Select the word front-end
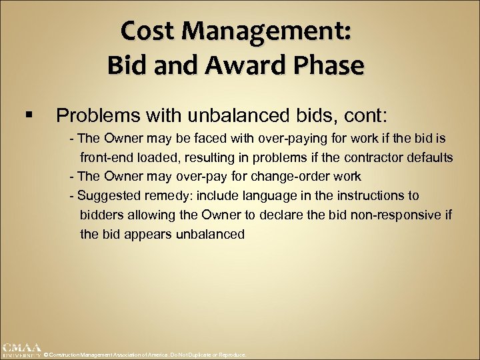pyautogui.click(x=108, y=158)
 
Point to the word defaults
pyautogui.click(x=429, y=158)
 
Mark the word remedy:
pyautogui.click(x=164, y=195)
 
